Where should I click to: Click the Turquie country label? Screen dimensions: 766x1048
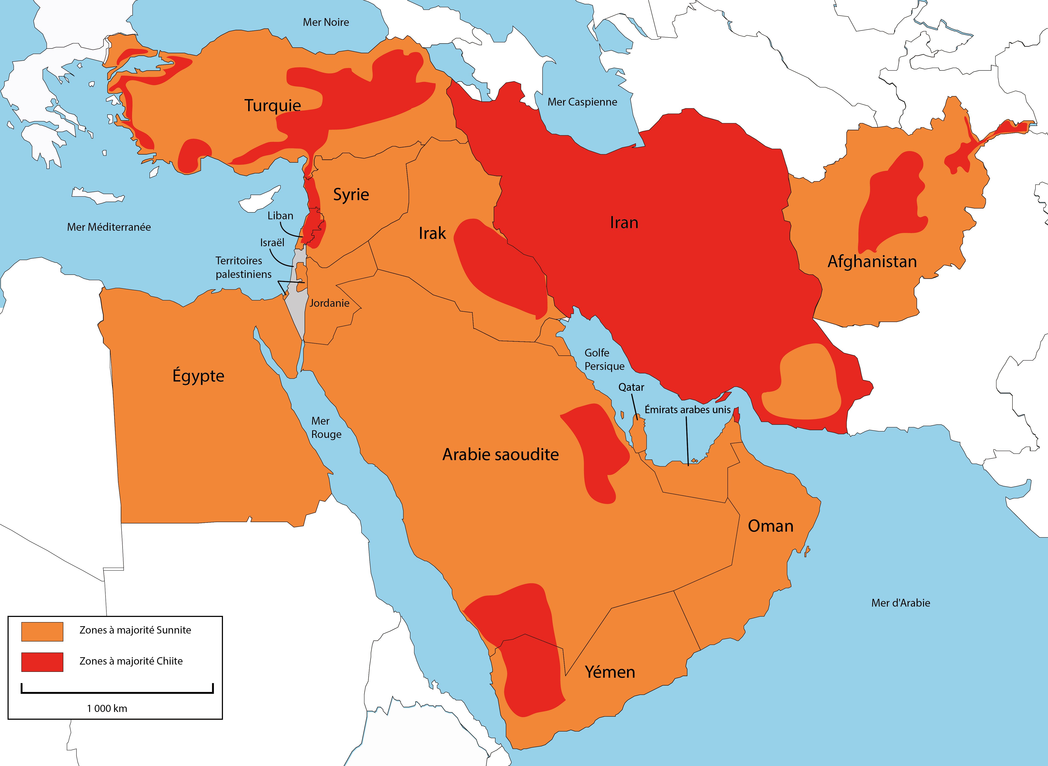click(x=273, y=106)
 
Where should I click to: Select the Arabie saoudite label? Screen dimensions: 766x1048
click(x=500, y=454)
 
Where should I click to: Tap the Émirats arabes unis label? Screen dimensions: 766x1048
click(x=687, y=410)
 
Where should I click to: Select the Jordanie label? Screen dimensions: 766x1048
click(x=329, y=303)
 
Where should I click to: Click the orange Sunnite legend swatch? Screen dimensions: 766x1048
click(x=42, y=632)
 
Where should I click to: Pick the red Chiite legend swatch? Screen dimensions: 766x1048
click(x=42, y=662)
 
